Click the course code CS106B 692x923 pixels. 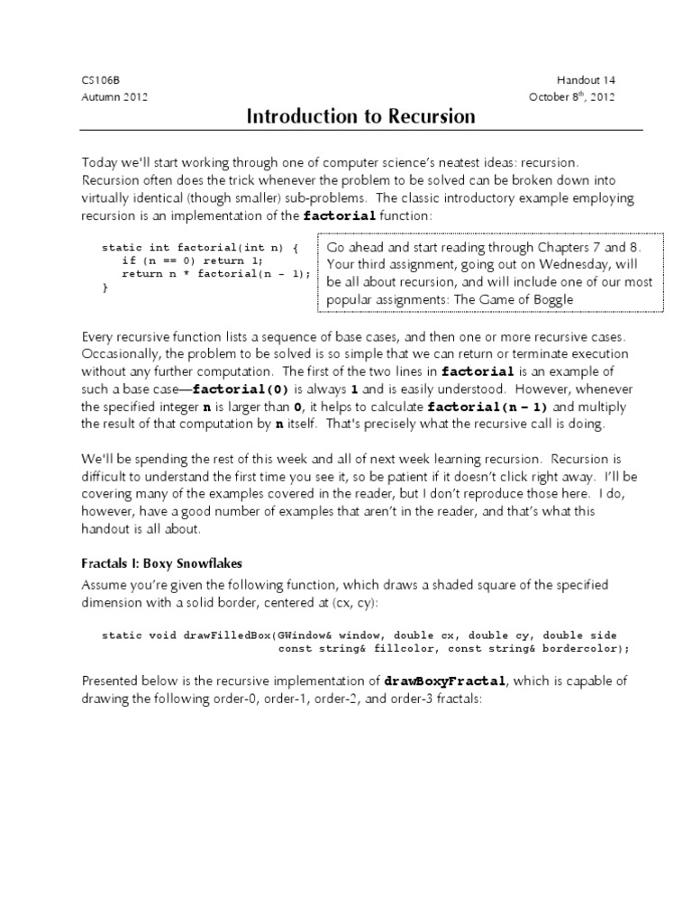(99, 80)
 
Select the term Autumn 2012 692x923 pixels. (115, 97)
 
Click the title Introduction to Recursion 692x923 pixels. (360, 117)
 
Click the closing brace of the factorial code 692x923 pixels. (105, 288)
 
